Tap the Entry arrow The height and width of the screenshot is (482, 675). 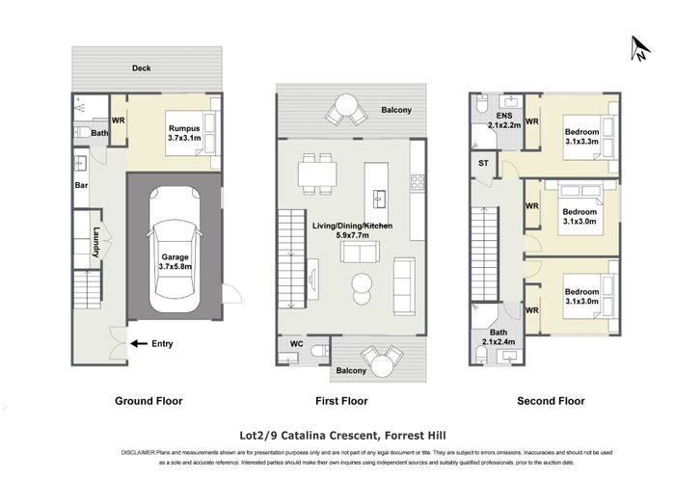click(139, 342)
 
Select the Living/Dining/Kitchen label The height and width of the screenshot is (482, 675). click(352, 227)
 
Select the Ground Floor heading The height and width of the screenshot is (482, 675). click(148, 400)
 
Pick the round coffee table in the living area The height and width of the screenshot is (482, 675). click(362, 282)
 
